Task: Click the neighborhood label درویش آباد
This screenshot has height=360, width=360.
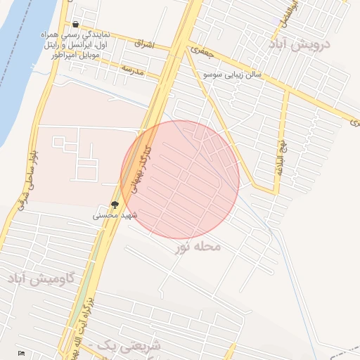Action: click(x=307, y=44)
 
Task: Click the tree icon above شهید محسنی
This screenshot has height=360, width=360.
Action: click(x=115, y=204)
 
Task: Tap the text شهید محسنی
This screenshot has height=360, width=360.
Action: click(x=115, y=215)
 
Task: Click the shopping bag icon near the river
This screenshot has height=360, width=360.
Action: click(x=75, y=25)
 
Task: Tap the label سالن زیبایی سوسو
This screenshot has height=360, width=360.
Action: click(x=231, y=74)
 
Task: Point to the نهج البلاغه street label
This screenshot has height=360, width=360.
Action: click(x=282, y=156)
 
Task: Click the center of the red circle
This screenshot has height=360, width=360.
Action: click(x=180, y=179)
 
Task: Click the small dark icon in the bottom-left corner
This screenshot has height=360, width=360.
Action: click(x=22, y=352)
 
